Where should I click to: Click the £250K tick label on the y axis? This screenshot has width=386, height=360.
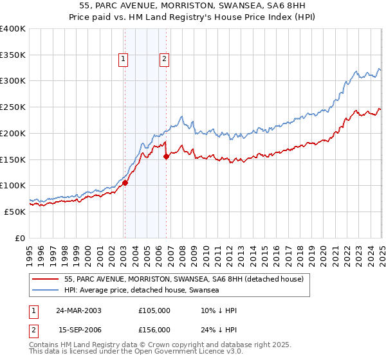click(x=13, y=107)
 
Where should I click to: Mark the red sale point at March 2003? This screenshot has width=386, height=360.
click(x=125, y=183)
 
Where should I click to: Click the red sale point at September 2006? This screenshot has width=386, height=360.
click(x=166, y=156)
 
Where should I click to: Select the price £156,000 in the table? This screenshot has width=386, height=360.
click(x=154, y=330)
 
